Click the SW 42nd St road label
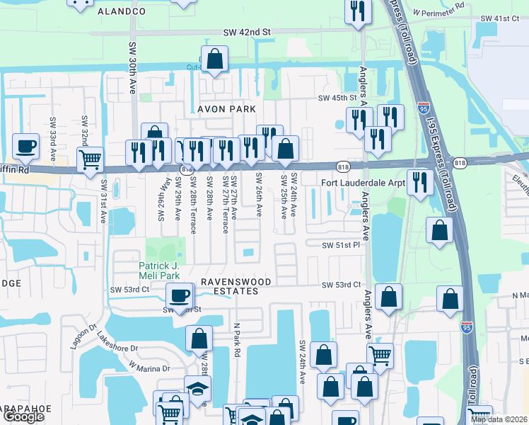pyautogui.click(x=247, y=32)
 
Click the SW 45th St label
pyautogui.click(x=337, y=98)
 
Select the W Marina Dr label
pyautogui.click(x=149, y=368)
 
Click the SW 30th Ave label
pyautogui.click(x=132, y=67)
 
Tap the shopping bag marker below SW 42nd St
pyautogui.click(x=214, y=59)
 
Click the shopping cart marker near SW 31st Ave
pyautogui.click(x=90, y=159)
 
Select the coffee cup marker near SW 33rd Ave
pyautogui.click(x=26, y=146)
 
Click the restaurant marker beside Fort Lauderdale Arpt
pyautogui.click(x=420, y=182)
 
